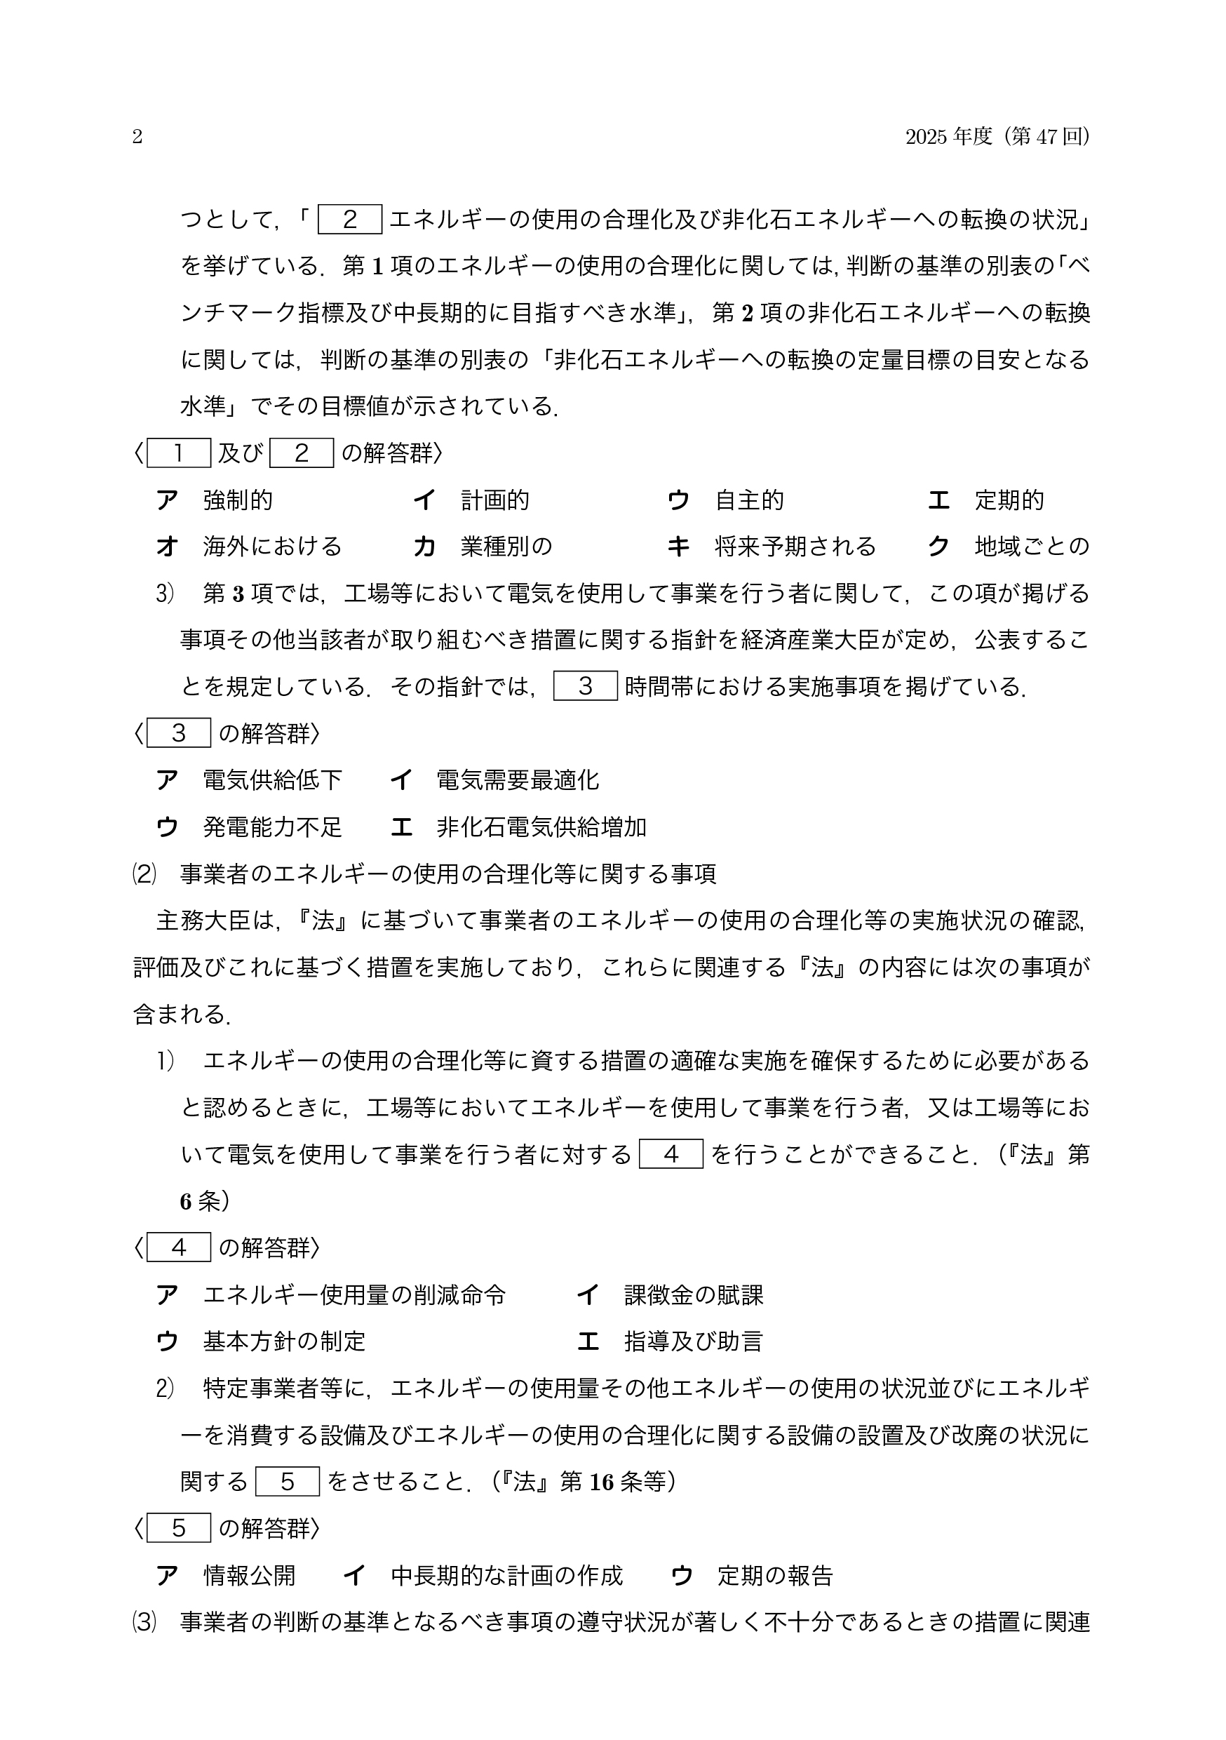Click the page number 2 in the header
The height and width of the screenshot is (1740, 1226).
click(x=137, y=136)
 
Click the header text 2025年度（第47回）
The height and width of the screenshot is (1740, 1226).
click(x=998, y=136)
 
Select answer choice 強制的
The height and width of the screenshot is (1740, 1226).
click(x=237, y=500)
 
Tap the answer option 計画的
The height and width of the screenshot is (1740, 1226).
click(x=494, y=500)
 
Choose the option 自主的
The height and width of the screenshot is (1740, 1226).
click(x=749, y=500)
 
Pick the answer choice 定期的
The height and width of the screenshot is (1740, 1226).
click(x=1009, y=500)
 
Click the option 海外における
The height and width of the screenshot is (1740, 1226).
click(x=272, y=547)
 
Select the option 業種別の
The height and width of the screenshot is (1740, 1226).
click(x=506, y=547)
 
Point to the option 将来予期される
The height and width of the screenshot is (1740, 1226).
click(x=795, y=547)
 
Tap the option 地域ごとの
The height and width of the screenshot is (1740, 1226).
click(x=1031, y=547)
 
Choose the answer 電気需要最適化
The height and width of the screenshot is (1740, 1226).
click(x=518, y=779)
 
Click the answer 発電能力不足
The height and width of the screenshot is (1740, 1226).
click(x=272, y=826)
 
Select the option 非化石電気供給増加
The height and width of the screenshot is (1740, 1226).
click(x=541, y=826)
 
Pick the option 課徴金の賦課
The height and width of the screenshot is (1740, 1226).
click(x=694, y=1295)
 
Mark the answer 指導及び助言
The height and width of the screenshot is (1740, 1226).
click(x=694, y=1341)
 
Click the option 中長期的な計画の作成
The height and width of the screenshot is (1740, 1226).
click(x=506, y=1576)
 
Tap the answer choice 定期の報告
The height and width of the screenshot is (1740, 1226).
click(x=775, y=1576)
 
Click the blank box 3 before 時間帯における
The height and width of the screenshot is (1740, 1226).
click(x=585, y=686)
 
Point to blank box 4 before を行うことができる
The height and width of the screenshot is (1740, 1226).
click(x=671, y=1154)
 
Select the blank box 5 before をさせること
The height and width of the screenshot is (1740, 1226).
click(x=287, y=1482)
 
